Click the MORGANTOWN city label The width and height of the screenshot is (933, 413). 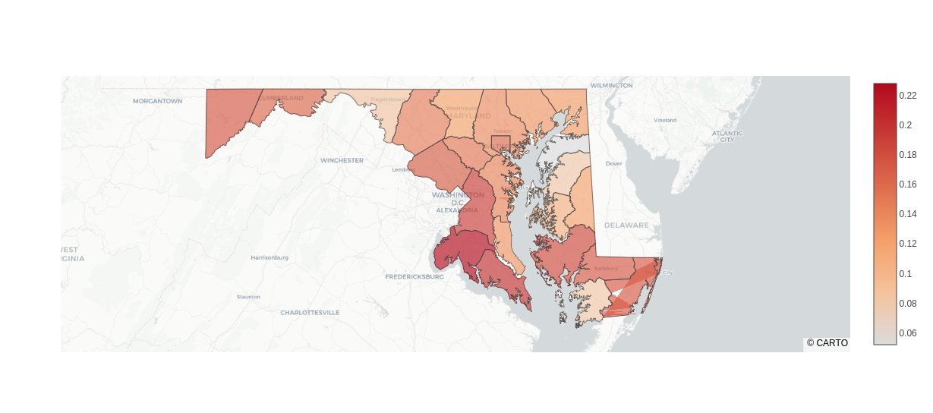tap(158, 101)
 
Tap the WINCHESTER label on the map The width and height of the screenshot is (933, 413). tap(342, 160)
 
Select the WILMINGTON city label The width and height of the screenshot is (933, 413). tap(611, 86)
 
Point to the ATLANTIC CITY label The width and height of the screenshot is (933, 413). tap(727, 136)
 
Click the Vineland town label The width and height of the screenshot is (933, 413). tap(665, 120)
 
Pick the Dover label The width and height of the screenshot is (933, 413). tap(613, 163)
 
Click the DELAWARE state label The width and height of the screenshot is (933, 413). tap(626, 225)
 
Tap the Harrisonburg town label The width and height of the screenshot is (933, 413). tap(269, 257)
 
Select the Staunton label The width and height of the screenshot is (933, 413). tap(248, 296)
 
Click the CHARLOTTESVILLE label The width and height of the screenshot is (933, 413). tap(310, 312)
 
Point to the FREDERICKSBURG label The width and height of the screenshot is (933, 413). tap(414, 276)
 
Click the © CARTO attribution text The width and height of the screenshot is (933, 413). tap(827, 343)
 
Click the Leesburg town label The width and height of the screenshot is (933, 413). tap(403, 170)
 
